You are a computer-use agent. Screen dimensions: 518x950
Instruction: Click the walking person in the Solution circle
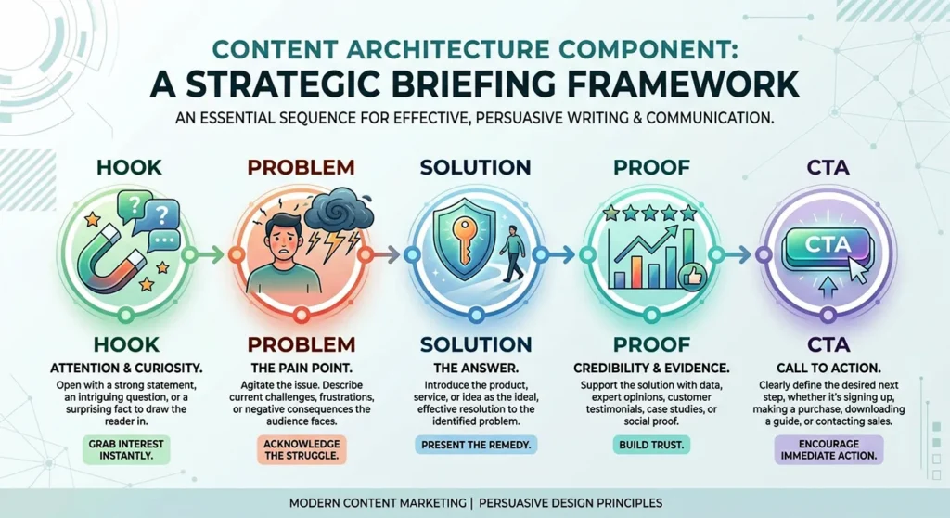point(510,252)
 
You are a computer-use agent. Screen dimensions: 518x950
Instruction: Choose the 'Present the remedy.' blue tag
point(475,445)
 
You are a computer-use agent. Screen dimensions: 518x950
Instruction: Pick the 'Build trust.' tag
point(649,446)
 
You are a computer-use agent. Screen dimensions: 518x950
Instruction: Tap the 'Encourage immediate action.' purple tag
point(829,449)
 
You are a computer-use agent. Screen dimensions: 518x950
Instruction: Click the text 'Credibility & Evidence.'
point(649,368)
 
